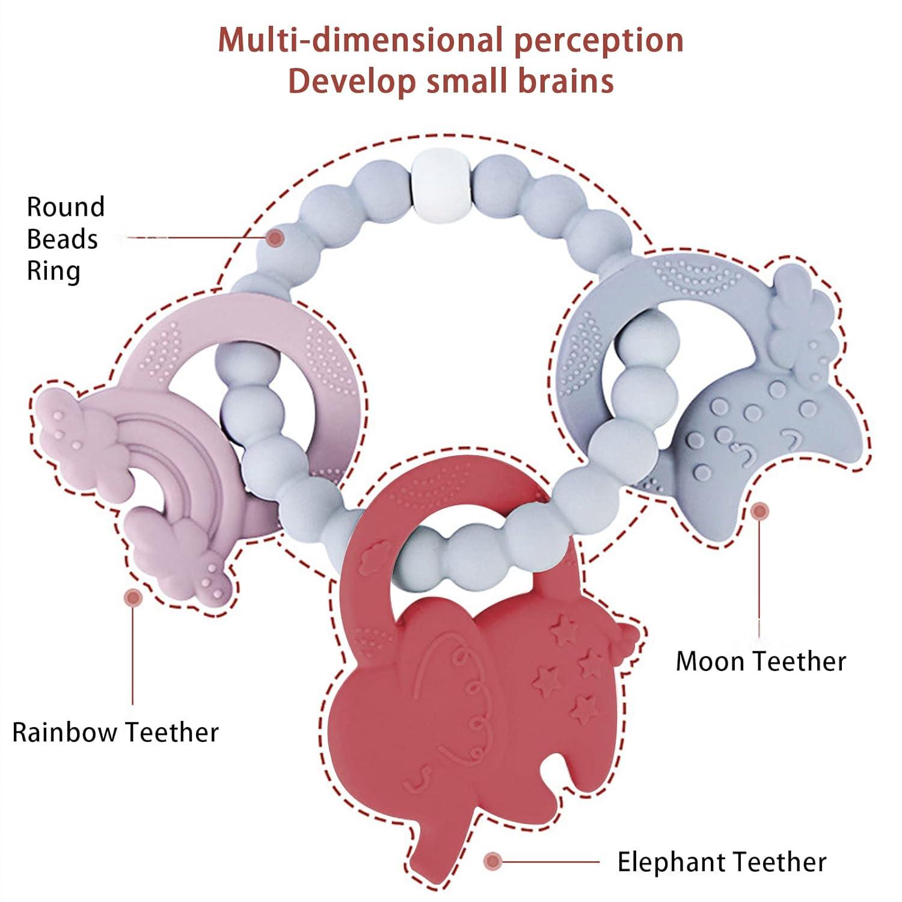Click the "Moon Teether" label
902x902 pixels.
(x=761, y=661)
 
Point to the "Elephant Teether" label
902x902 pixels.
(x=722, y=862)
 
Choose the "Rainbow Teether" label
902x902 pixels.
(x=115, y=732)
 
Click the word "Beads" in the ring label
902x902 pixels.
(x=62, y=239)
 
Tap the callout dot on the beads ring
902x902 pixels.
(x=276, y=238)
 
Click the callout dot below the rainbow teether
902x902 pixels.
(x=133, y=597)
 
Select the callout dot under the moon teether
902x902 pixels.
(x=760, y=511)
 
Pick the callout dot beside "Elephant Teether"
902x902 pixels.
(x=493, y=861)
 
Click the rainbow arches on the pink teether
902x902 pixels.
(x=180, y=457)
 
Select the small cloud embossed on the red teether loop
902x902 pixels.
(x=376, y=548)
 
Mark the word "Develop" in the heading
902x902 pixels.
(x=352, y=81)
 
